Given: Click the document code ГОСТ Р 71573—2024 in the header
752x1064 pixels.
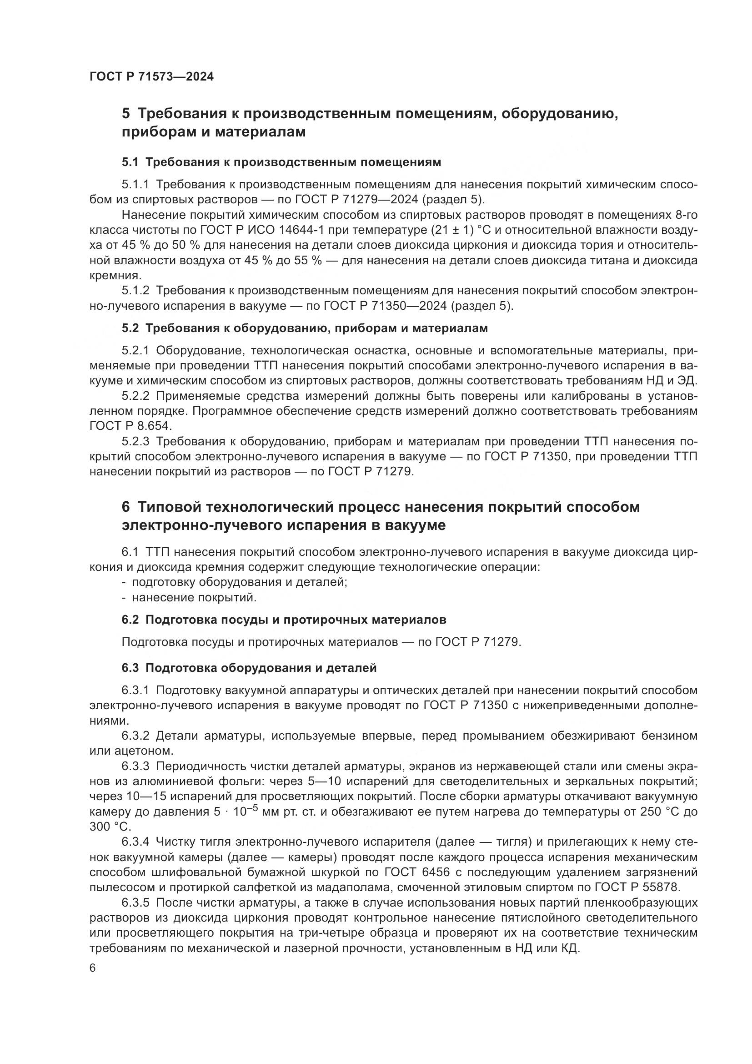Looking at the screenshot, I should pos(151,77).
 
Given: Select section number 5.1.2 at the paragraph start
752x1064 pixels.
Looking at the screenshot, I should pos(135,291).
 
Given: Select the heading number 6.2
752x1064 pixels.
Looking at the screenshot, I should pos(130,620).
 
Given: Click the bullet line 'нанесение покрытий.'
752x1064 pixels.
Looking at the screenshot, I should pos(194,597).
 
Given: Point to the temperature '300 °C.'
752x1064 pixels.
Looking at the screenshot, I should pos(110,827).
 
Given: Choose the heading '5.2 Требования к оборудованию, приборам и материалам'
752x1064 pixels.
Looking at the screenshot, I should pos(305,328).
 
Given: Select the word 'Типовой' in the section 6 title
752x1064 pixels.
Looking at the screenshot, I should pos(169,507).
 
